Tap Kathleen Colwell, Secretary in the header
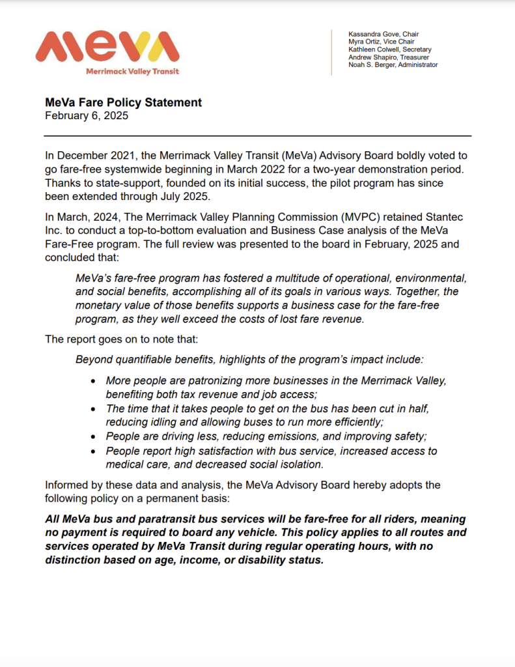point(389,50)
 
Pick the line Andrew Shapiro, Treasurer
point(389,57)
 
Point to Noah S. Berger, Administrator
point(393,65)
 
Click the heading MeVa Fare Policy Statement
point(123,103)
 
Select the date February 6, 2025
point(87,116)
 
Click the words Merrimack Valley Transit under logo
point(133,71)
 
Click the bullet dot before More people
point(94,380)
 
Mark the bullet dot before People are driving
point(94,436)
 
